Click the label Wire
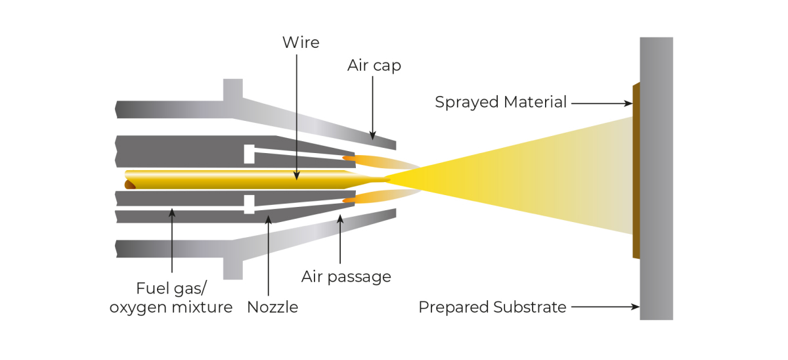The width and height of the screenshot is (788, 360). (301, 43)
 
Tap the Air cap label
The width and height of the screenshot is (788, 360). (374, 66)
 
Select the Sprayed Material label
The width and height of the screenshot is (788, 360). (500, 102)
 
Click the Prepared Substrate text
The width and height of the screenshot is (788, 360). (492, 307)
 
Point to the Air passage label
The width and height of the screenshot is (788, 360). (346, 277)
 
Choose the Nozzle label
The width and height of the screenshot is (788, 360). (273, 307)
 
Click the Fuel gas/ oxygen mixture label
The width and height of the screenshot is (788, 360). (171, 298)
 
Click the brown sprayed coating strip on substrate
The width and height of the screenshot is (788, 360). (636, 171)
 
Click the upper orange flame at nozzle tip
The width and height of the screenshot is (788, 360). (360, 159)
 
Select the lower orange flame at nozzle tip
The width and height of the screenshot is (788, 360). (360, 196)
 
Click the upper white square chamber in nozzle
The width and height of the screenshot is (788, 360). (249, 154)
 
